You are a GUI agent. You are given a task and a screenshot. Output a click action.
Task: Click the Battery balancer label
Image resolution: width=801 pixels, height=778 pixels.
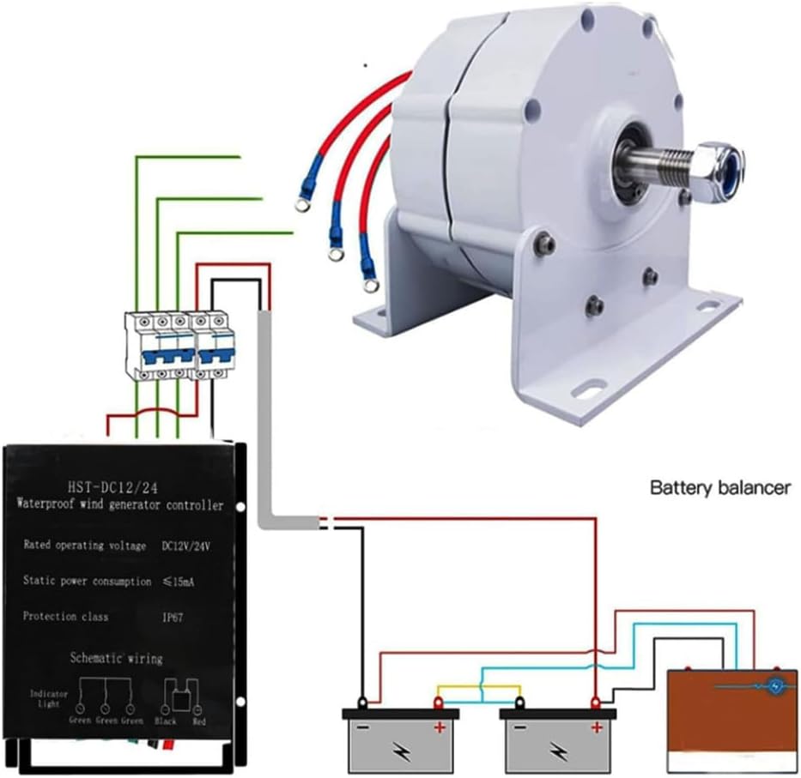click(719, 488)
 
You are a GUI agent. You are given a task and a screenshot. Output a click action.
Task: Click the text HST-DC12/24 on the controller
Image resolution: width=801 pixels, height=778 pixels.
click(116, 486)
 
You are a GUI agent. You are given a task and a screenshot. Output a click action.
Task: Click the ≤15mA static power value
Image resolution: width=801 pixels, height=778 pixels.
click(182, 582)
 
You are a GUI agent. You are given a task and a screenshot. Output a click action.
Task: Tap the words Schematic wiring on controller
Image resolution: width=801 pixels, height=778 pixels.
click(117, 658)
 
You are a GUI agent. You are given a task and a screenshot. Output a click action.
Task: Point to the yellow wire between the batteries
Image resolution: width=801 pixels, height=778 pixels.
click(479, 686)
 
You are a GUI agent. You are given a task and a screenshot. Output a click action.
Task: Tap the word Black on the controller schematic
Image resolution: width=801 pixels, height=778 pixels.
click(164, 721)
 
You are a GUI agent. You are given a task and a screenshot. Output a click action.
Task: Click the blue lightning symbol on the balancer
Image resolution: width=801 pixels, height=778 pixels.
click(776, 686)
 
